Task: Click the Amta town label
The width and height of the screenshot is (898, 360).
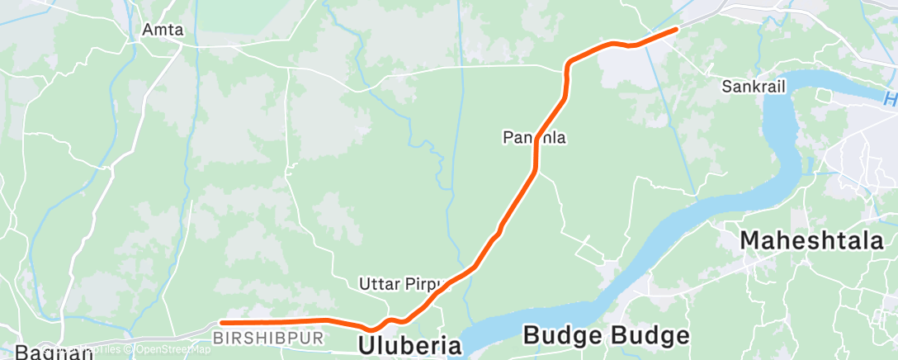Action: point(163,30)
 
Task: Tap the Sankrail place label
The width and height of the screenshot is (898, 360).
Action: point(753,86)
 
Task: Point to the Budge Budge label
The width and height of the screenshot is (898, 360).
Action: point(606,336)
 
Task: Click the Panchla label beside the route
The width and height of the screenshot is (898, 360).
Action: point(535,138)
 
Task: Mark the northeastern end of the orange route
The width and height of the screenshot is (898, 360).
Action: point(676,29)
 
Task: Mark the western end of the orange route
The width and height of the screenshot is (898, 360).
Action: point(222,322)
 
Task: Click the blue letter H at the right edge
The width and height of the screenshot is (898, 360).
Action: point(889,100)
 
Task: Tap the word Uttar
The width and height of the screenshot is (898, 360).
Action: point(376,284)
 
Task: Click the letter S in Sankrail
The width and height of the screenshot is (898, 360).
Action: point(726,86)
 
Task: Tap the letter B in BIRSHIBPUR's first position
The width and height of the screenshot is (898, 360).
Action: point(217,339)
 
